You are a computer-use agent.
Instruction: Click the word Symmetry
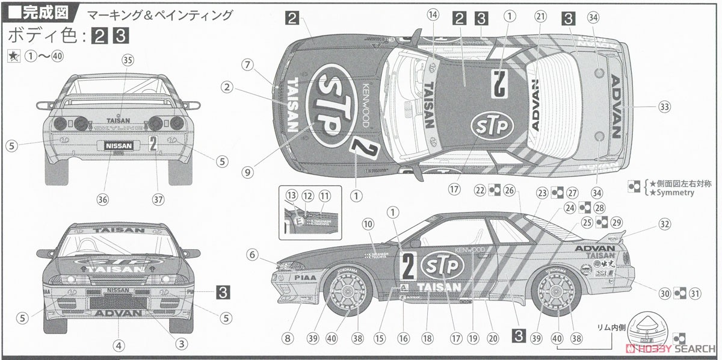click(668, 193)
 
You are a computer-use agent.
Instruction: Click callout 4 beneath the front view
click(119, 345)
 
